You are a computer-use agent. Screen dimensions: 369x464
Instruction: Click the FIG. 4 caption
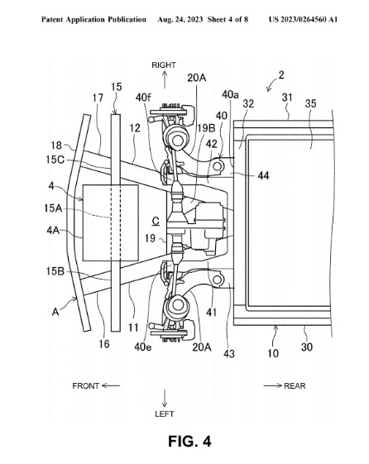click(189, 441)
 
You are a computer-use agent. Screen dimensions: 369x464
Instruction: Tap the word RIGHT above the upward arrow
click(164, 65)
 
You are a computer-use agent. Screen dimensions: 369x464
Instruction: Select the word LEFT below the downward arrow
click(165, 414)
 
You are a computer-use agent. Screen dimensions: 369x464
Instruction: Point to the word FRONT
click(85, 386)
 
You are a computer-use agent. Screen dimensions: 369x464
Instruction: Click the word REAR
click(295, 386)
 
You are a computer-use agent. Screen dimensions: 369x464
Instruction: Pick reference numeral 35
click(311, 103)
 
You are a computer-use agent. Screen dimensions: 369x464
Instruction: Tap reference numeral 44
click(263, 176)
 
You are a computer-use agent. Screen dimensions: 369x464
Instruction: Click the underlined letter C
click(156, 222)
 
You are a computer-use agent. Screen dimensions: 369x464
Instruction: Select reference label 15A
click(53, 208)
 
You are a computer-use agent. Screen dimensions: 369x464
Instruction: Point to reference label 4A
click(53, 230)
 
